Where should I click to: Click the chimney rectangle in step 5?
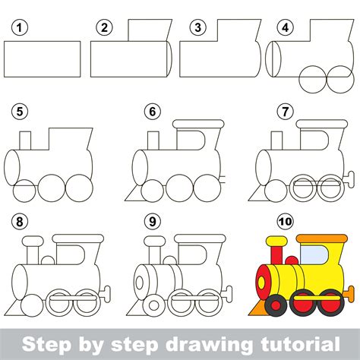tap(25, 141)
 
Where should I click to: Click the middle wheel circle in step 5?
tap(52, 188)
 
